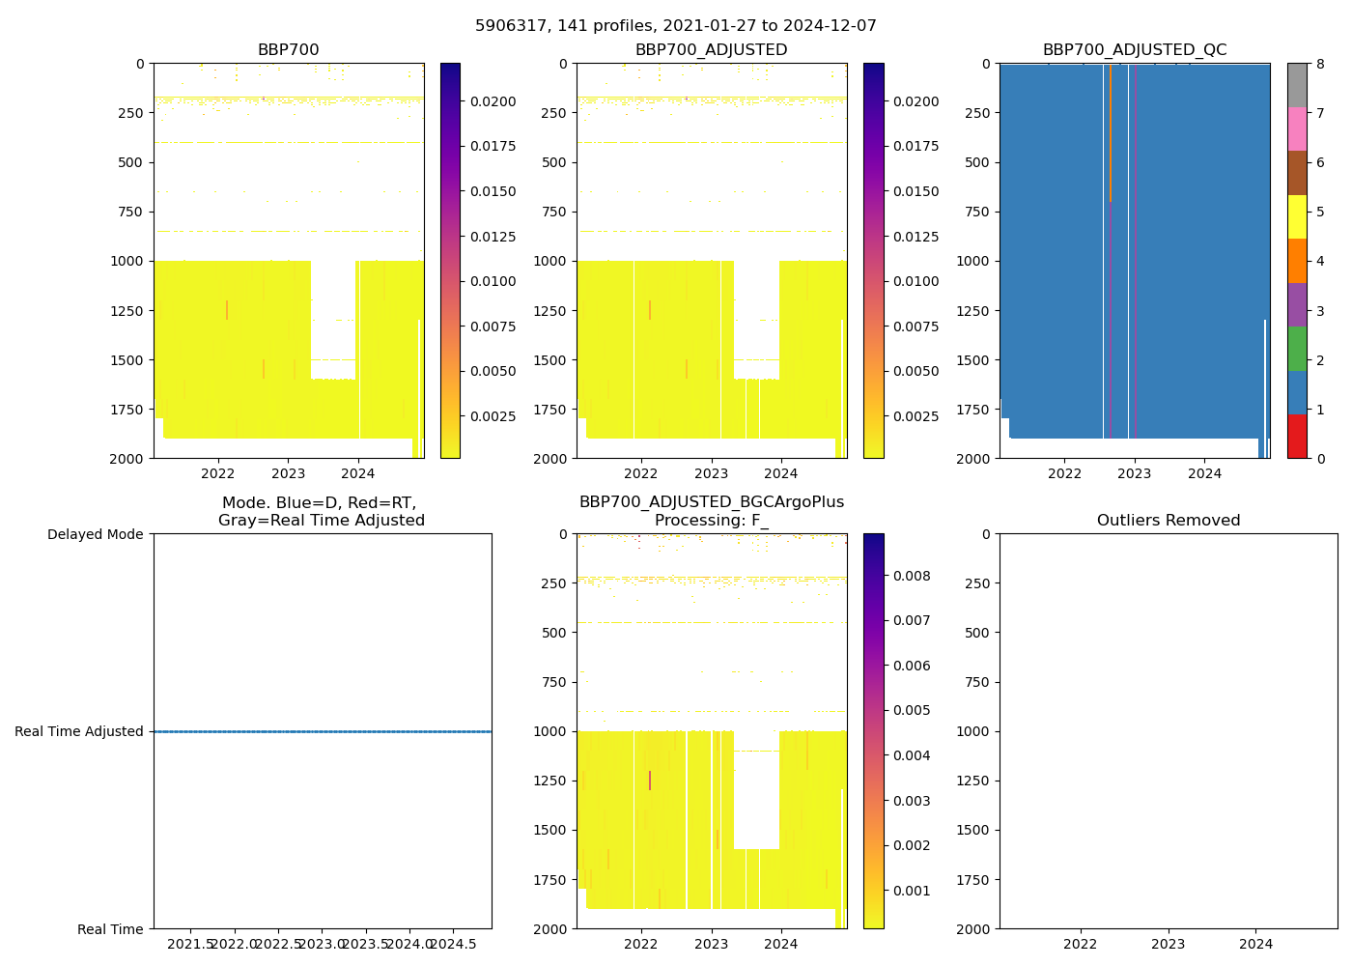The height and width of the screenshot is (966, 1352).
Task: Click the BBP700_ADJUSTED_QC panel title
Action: click(1134, 50)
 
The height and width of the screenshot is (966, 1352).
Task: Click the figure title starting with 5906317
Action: click(675, 26)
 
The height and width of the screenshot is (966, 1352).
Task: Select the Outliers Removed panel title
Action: click(1168, 521)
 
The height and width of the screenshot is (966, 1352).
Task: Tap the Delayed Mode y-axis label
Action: click(95, 534)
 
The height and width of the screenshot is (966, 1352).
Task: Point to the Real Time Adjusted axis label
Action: click(78, 731)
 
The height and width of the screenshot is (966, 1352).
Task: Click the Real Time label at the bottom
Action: click(110, 929)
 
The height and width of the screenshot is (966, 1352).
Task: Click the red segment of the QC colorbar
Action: click(1296, 437)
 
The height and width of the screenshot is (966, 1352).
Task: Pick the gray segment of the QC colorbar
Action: click(1296, 85)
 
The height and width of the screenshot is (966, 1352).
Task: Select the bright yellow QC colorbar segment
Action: click(1296, 216)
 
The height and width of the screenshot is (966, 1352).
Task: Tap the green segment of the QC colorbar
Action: click(1296, 349)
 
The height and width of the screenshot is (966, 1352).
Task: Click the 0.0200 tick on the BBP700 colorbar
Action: click(493, 101)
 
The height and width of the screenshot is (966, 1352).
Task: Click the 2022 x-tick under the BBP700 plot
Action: click(217, 473)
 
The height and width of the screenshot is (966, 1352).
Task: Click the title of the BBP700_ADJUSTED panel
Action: click(711, 50)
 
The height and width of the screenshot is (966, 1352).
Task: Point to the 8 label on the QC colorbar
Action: click(1319, 64)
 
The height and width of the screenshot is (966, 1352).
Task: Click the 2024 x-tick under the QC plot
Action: click(1204, 473)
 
